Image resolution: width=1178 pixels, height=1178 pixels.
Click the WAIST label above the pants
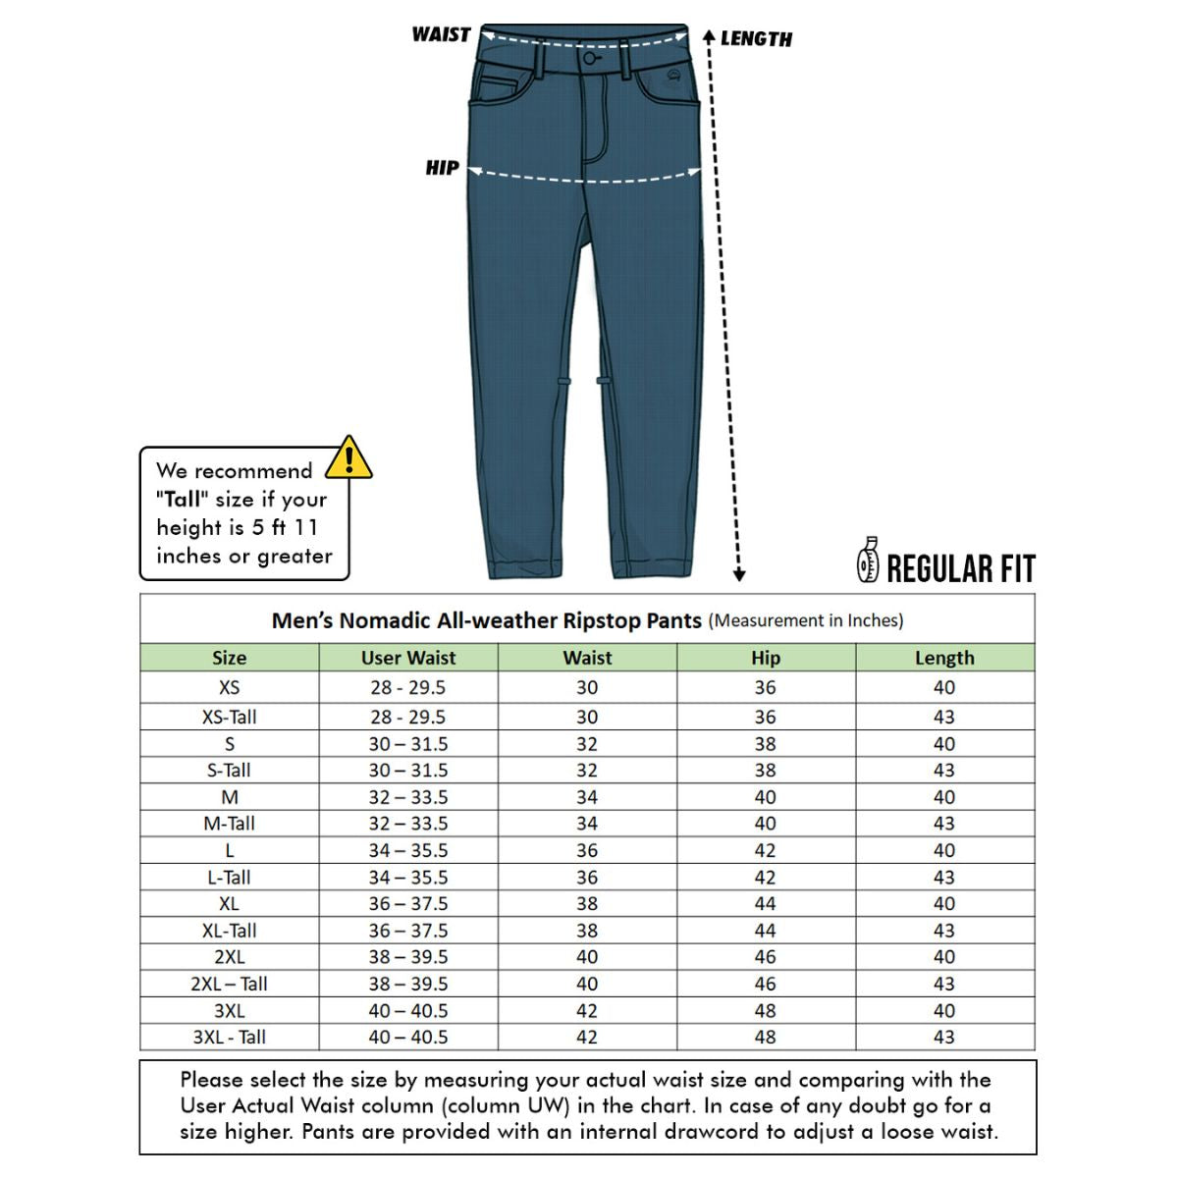click(441, 34)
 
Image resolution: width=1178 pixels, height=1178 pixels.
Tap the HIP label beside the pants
click(442, 168)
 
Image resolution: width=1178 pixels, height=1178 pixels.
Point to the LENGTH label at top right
click(756, 39)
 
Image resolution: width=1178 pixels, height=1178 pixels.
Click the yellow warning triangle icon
click(348, 457)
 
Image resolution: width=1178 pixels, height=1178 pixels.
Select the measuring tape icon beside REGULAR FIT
click(868, 561)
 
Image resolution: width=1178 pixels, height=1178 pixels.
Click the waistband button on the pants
click(588, 60)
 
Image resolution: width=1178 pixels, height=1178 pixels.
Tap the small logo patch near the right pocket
click(673, 78)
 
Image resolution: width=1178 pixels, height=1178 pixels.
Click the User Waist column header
click(408, 658)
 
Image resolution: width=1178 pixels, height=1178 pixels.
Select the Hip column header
click(765, 658)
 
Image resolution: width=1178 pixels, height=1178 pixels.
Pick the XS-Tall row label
click(229, 717)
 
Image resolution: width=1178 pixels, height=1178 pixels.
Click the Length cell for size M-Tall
click(943, 824)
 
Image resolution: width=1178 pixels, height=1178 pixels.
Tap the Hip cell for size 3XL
click(765, 1010)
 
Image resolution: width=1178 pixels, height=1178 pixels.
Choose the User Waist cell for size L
click(408, 850)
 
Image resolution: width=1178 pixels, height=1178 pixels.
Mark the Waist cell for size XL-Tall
click(587, 931)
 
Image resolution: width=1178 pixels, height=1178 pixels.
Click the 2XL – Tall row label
click(229, 984)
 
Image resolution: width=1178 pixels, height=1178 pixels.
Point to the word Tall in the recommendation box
click(183, 499)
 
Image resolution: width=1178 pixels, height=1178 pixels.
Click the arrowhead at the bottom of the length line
click(739, 575)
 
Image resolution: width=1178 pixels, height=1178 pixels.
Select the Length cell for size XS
click(943, 687)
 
